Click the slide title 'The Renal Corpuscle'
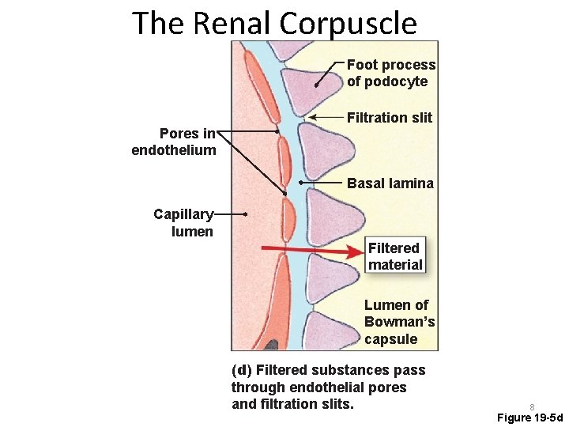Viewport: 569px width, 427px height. point(274,23)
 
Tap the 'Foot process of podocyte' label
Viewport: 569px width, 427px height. point(390,73)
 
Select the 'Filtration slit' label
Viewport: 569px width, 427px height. point(390,118)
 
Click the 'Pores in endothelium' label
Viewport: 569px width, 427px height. point(174,142)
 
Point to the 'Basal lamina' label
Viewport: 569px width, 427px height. point(390,183)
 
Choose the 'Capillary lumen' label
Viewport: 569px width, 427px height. point(183,223)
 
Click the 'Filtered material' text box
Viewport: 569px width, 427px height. point(395,256)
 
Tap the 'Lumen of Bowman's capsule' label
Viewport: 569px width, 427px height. point(399,322)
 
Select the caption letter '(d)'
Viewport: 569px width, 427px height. point(242,370)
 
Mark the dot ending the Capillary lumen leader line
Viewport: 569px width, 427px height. point(247,213)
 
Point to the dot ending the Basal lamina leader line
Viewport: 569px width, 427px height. point(301,183)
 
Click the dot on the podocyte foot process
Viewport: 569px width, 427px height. point(315,85)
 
